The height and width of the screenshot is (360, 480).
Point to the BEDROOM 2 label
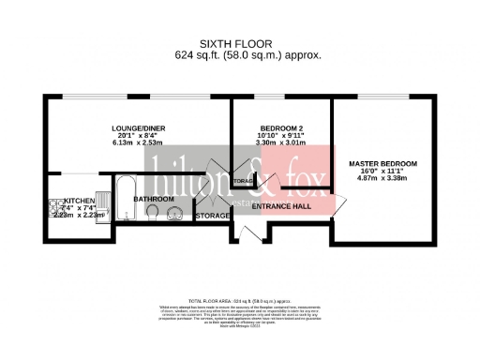(280, 130)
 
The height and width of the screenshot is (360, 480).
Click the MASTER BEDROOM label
(382, 164)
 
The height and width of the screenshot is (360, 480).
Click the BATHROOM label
(153, 199)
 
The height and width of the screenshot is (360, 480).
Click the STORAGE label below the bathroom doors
(213, 217)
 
